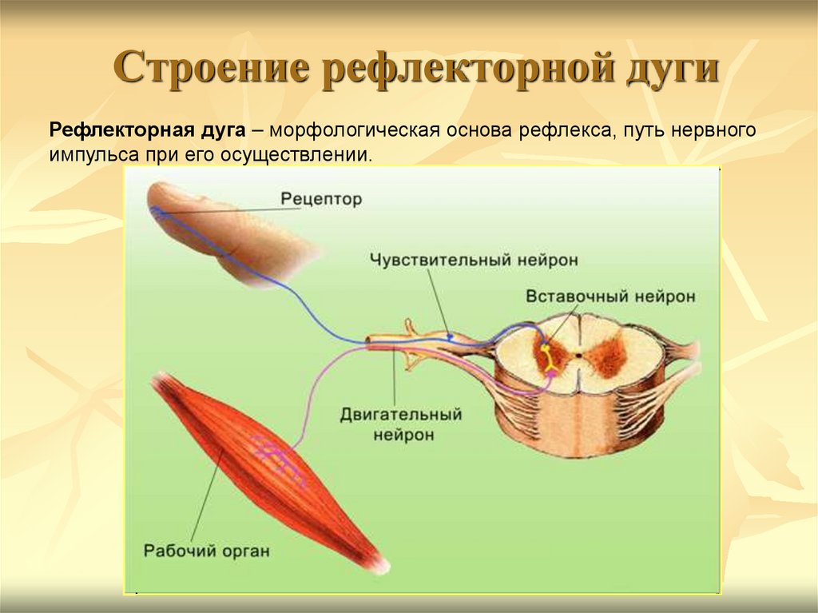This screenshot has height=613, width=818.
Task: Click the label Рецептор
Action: tap(321, 198)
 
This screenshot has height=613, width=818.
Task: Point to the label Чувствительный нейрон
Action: tap(474, 260)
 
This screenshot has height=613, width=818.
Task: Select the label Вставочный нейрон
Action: tap(610, 297)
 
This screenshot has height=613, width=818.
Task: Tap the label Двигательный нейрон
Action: tap(402, 425)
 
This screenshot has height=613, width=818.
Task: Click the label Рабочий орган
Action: tap(207, 551)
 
